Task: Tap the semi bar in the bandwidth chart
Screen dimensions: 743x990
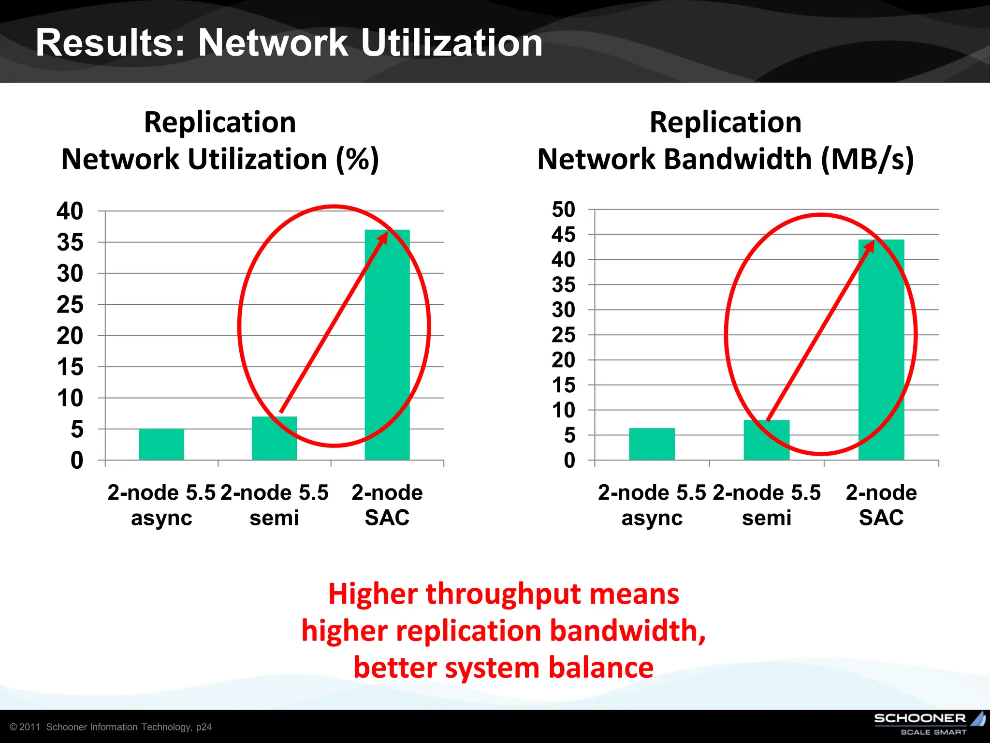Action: click(x=766, y=440)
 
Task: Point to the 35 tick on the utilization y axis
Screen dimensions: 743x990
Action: click(x=70, y=242)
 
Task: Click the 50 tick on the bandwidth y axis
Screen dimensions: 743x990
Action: click(x=564, y=209)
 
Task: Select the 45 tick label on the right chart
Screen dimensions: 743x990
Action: click(x=564, y=235)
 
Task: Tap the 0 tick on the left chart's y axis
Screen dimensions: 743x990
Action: click(x=77, y=460)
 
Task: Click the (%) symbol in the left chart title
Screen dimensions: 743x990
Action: click(x=358, y=159)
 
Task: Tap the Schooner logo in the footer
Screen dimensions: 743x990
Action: click(x=928, y=723)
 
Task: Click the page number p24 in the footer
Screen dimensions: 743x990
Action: click(x=204, y=727)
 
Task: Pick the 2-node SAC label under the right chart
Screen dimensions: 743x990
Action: click(x=881, y=505)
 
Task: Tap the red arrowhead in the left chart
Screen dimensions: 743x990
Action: click(x=383, y=237)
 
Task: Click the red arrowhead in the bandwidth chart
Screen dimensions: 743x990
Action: click(x=870, y=245)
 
